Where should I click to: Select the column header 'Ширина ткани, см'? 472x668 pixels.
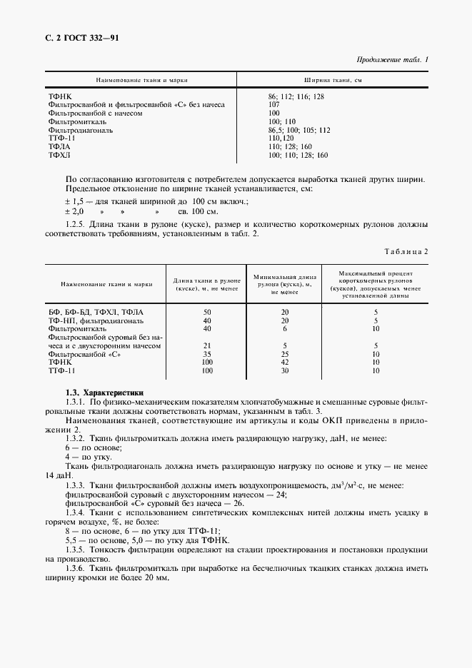(333, 81)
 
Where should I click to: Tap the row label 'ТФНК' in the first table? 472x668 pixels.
(60, 96)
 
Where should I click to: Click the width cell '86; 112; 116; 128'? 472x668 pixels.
(296, 96)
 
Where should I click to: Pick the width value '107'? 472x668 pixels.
(274, 104)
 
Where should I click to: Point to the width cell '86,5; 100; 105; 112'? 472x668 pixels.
(299, 130)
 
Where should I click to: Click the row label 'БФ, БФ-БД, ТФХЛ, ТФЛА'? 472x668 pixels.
(96, 312)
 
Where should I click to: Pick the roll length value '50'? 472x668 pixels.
(207, 312)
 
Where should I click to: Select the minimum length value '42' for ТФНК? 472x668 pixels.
(284, 363)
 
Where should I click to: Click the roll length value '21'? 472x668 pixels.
(207, 345)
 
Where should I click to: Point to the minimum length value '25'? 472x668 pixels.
(284, 354)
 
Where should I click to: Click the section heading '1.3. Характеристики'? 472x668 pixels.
(104, 393)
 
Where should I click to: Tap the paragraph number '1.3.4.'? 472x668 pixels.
(76, 513)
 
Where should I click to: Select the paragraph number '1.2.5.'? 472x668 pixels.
(76, 223)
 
